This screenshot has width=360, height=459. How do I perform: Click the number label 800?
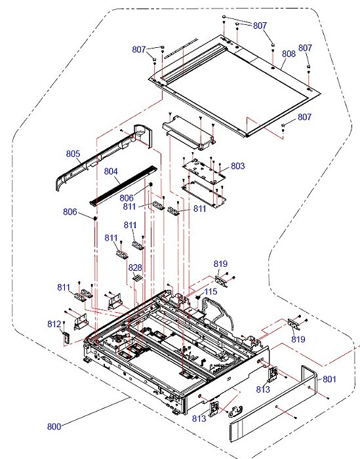point(54,427)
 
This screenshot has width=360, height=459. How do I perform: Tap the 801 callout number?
point(329,378)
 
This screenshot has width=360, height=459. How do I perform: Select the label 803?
point(237,167)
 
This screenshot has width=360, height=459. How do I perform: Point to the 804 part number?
point(112,172)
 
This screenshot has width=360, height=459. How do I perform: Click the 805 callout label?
point(73,154)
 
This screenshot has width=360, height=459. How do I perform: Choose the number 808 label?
point(289,54)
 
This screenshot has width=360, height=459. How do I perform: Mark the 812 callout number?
point(54,324)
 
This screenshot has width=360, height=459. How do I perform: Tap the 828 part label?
point(135,268)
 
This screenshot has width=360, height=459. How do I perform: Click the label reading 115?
point(210,291)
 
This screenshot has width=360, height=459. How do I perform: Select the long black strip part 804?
point(125,184)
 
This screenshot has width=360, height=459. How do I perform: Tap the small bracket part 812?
point(66,336)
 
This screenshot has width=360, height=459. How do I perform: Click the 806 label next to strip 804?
point(127,197)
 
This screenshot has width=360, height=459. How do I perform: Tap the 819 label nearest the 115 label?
point(221,264)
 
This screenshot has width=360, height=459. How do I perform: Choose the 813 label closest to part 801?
point(263,389)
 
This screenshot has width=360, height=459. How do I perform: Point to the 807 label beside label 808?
point(306,48)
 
